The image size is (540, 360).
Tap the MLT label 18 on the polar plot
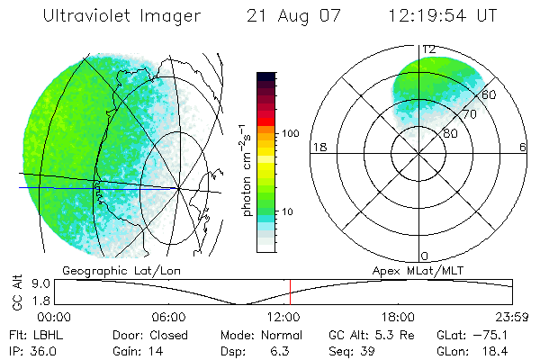[x=318, y=147]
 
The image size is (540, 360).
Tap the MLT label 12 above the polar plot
[x=428, y=49]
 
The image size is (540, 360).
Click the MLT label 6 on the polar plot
[x=523, y=147]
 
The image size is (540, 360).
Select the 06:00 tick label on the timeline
[x=168, y=317]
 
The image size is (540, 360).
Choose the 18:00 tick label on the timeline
[x=398, y=317]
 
